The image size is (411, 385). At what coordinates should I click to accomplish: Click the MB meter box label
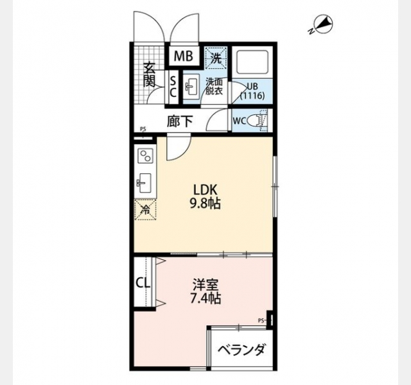coord(184,56)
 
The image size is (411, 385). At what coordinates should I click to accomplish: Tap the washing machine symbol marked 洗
coord(216,58)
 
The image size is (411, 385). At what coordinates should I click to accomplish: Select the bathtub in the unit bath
coord(252,62)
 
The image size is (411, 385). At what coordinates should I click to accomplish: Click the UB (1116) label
coord(252,91)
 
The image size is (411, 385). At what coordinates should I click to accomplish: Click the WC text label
coord(240,121)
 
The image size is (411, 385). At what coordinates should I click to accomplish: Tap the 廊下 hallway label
coord(180,121)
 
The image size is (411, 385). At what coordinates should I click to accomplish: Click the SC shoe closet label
coord(173,87)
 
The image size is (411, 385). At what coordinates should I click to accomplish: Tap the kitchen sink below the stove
coord(144,182)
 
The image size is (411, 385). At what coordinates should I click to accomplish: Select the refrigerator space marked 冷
coord(145,210)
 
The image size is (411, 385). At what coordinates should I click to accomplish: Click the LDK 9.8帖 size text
coord(205,196)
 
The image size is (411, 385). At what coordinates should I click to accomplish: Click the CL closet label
coord(143,283)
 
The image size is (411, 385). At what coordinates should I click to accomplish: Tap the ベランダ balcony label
coord(241,349)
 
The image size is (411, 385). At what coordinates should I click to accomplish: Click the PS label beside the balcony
coord(261,320)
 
